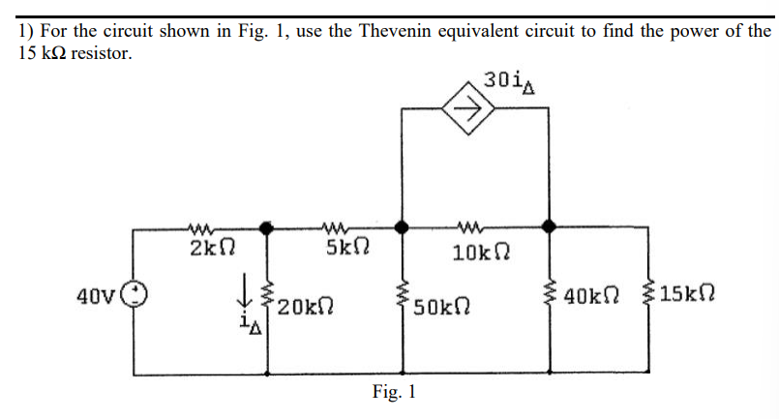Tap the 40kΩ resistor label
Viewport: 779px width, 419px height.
592,295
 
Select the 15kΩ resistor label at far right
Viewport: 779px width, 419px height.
694,294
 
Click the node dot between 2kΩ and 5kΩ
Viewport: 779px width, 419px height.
267,227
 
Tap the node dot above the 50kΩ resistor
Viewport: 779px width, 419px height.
403,227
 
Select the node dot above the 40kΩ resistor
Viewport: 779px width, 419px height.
550,227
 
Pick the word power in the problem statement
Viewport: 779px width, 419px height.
689,30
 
